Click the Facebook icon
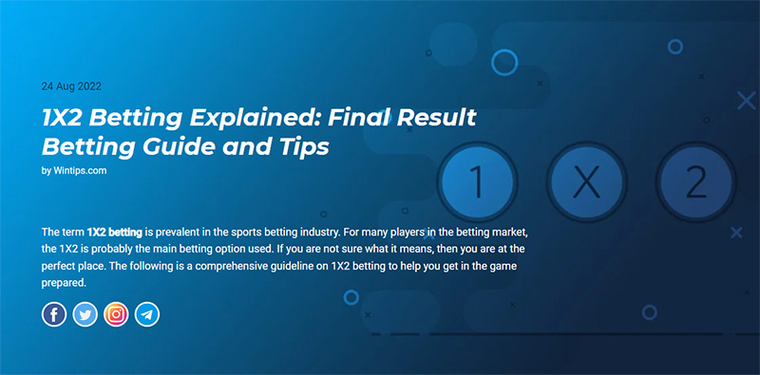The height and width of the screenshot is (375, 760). point(54,314)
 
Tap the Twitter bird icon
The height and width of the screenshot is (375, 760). point(85,314)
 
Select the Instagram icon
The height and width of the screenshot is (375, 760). point(116,314)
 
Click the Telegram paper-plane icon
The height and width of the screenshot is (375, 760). point(147,314)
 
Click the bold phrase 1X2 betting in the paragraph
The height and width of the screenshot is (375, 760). point(116,231)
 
